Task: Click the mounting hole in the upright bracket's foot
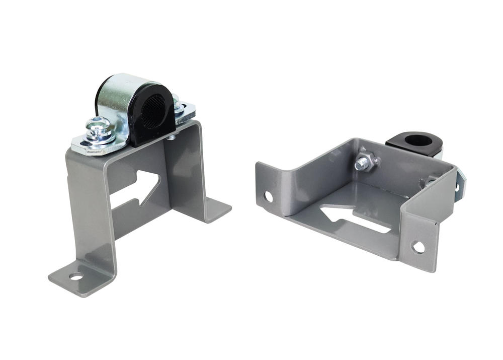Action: click(x=76, y=276)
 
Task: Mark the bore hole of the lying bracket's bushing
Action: click(x=417, y=138)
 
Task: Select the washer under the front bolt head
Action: click(x=101, y=137)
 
